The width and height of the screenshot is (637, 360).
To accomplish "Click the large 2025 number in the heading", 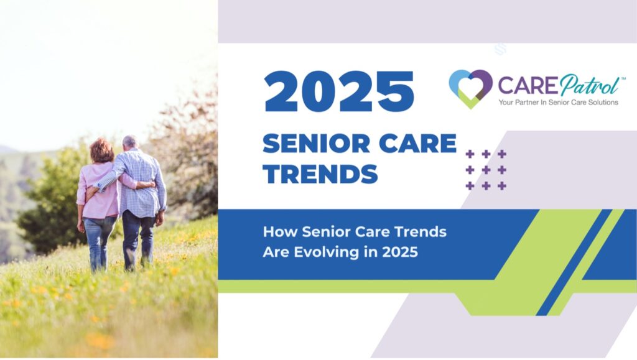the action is pos(339,91).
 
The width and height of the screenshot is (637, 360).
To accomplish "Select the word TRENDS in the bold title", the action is pos(320,173).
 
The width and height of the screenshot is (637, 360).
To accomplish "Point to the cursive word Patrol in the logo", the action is pos(590,85).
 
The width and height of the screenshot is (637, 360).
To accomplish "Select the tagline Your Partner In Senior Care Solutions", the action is pos(558,102).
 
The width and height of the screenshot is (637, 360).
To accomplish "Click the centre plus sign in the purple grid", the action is pos(486,170).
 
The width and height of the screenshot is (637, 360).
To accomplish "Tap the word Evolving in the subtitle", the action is pos(327,252).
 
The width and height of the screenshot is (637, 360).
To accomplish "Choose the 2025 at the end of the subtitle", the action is pos(400,252).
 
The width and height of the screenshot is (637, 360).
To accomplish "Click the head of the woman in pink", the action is pos(101,150).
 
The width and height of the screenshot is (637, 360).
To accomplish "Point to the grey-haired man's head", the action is pos(131,142).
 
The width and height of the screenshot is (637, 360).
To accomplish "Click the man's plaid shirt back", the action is pos(140,183).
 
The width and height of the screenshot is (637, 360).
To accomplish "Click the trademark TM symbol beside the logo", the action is pos(623,78).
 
